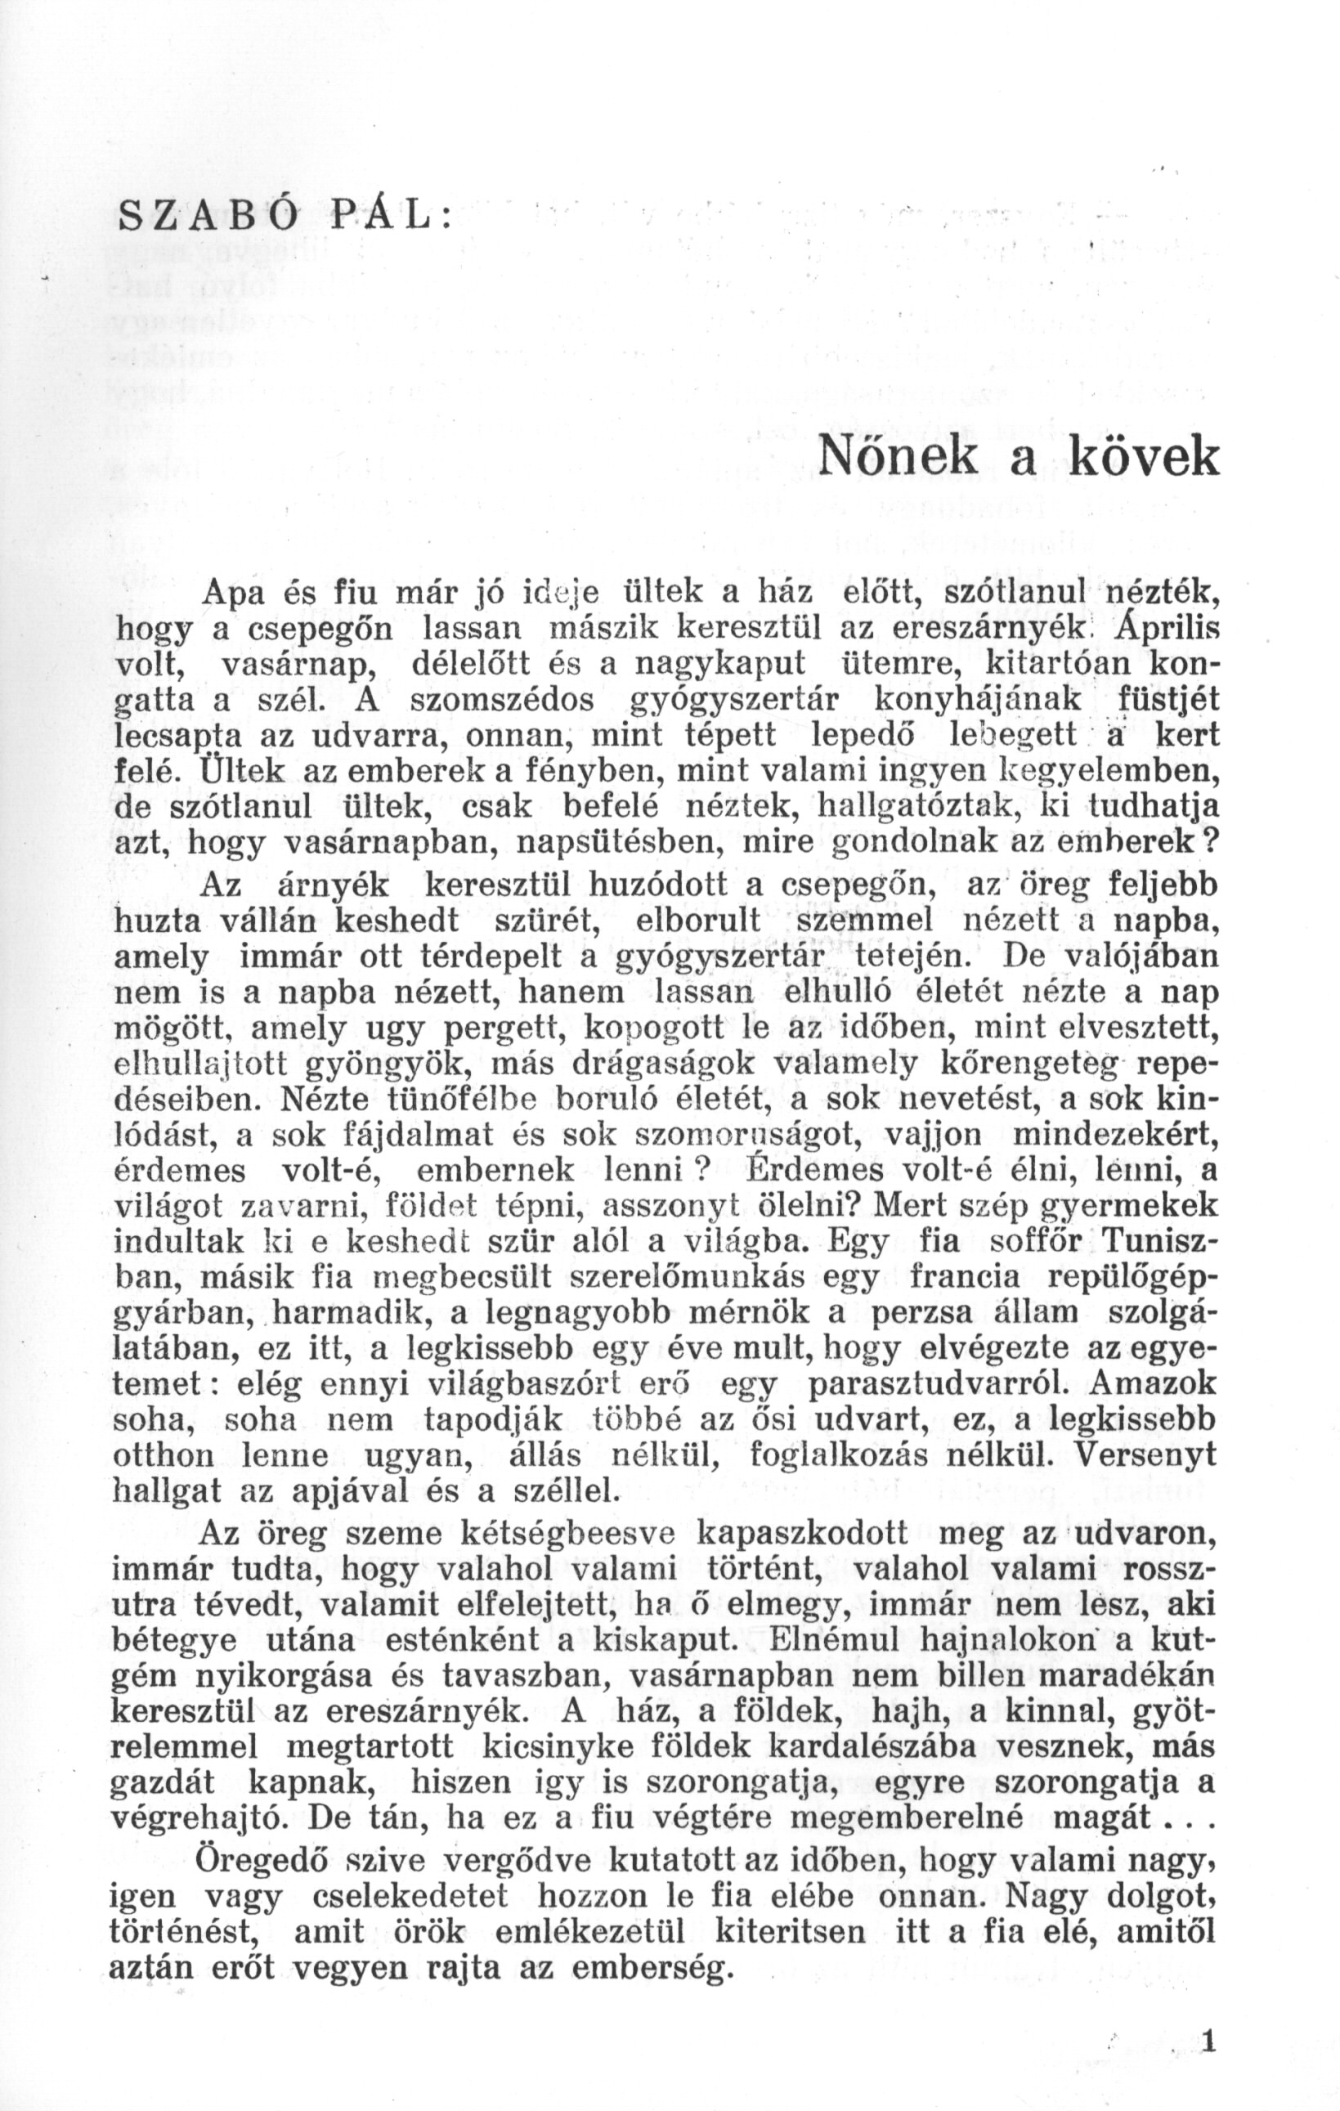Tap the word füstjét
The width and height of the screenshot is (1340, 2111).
click(x=1164, y=701)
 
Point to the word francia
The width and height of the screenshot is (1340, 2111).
click(x=964, y=1278)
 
